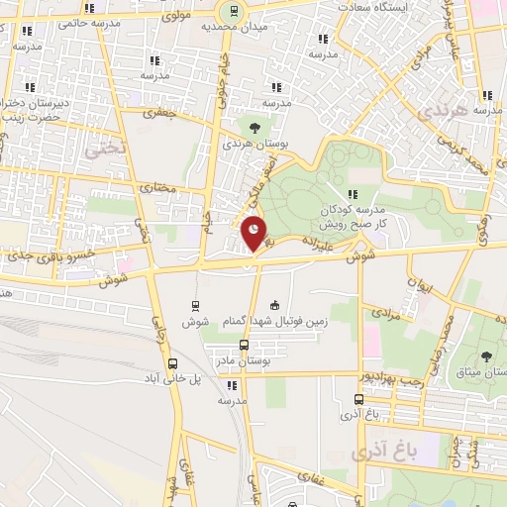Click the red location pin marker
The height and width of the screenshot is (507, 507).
tap(254, 232)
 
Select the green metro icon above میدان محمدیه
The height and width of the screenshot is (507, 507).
tap(233, 11)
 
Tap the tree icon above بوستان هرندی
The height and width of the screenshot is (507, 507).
tap(255, 127)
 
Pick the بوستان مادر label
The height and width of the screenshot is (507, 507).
tap(245, 363)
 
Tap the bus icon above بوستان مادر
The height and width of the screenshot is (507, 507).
tap(244, 346)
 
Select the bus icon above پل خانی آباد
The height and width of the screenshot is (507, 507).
tap(173, 363)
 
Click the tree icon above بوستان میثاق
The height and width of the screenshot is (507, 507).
tap(485, 355)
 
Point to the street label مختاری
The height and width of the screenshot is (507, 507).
tap(152, 186)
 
